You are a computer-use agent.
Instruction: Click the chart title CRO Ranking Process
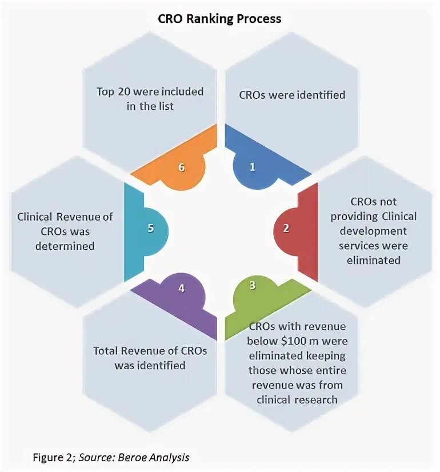pos(219,18)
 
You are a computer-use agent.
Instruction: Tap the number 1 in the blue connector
pos(252,167)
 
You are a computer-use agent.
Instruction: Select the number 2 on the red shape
pos(286,228)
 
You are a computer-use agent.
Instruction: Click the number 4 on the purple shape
pos(181,289)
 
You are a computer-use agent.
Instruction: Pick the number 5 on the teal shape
pos(151,228)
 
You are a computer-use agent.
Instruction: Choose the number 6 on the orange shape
pos(182,167)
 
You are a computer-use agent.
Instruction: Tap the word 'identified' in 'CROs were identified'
pos(319,94)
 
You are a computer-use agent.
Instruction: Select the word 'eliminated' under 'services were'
pos(370,260)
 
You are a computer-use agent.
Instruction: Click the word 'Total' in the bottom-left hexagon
pos(107,351)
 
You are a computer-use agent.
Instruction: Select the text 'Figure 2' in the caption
pos(51,457)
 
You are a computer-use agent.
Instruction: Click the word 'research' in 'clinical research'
pos(316,399)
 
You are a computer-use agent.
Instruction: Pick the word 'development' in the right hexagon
pos(373,231)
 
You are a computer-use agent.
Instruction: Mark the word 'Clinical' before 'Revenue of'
pos(36,217)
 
